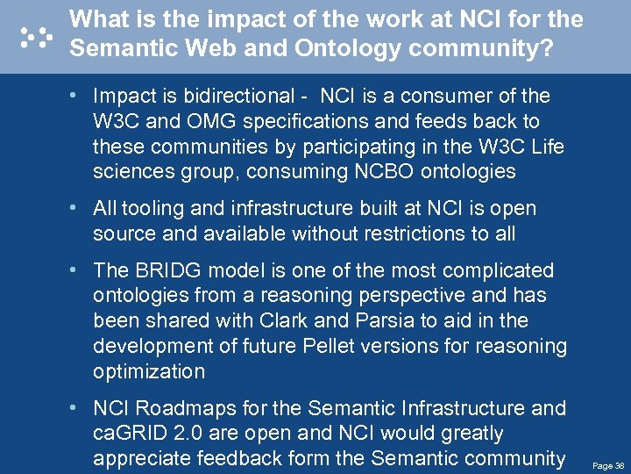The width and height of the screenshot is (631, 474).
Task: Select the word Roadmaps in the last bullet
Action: (179, 408)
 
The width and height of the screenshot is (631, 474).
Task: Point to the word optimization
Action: (149, 371)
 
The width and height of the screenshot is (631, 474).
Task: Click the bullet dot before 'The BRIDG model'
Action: (79, 270)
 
